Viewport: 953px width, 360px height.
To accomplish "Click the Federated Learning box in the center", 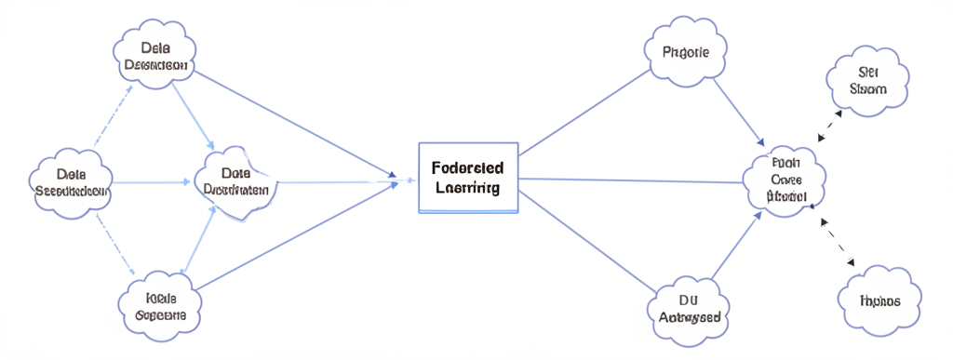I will tap(468, 178).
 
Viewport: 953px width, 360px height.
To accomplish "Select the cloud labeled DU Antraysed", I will tap(690, 308).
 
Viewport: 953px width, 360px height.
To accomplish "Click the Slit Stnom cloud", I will tap(868, 80).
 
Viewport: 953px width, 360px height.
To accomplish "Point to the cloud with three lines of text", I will tap(785, 180).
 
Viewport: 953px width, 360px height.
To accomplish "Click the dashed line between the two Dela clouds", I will tap(109, 116).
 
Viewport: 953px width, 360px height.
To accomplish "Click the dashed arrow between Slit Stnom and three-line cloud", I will tap(830, 125).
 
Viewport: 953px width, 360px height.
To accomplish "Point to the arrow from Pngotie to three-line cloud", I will tap(738, 110).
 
